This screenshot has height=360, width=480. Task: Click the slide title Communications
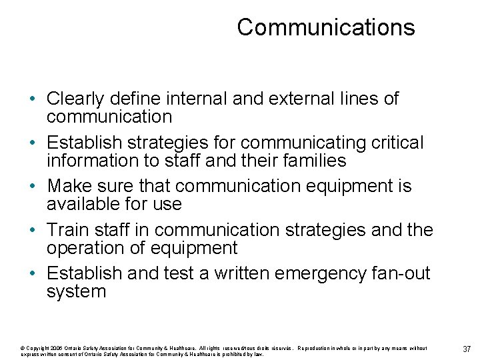pyautogui.click(x=325, y=27)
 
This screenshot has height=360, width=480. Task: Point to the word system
pyautogui.click(x=76, y=292)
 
